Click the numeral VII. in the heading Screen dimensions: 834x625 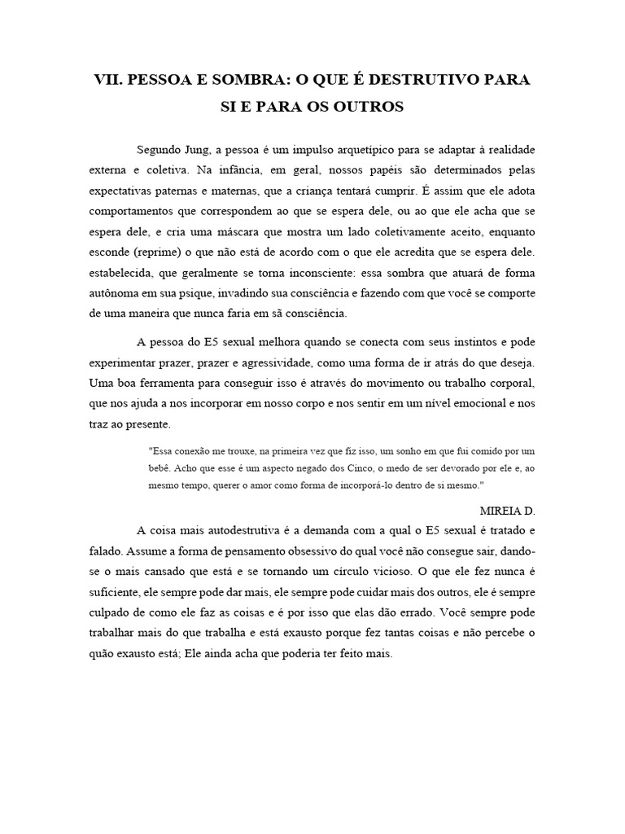pos(111,81)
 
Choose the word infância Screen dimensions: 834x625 pos(235,172)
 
